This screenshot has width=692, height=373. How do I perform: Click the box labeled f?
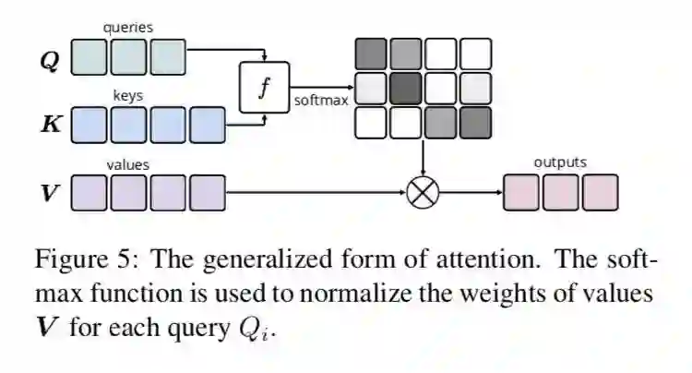tap(264, 88)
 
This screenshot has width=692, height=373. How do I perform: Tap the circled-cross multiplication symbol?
tap(423, 192)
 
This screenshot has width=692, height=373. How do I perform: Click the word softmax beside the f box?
tap(321, 100)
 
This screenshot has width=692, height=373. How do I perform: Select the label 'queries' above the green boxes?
tap(128, 28)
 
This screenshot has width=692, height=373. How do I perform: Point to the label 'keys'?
tap(127, 95)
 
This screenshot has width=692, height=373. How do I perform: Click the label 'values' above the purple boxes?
tap(128, 164)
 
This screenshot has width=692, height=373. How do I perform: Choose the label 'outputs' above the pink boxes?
tap(559, 162)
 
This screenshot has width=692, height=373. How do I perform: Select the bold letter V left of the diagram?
tap(51, 194)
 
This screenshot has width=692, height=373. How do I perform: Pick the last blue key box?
tap(208, 124)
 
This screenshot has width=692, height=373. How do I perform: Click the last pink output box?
tap(600, 192)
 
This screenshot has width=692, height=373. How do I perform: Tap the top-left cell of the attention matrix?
tap(370, 54)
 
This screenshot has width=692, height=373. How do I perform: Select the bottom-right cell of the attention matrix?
tap(475, 122)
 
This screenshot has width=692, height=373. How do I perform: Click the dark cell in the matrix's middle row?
tap(405, 89)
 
